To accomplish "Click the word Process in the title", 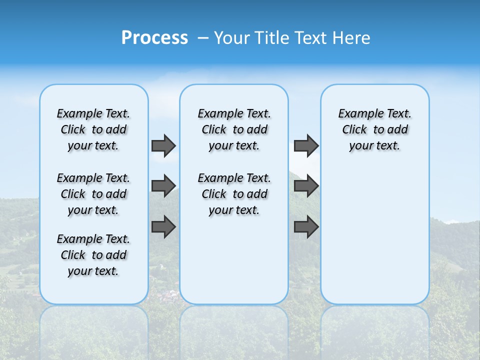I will click(154, 38).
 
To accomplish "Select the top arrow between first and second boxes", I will click(163, 145).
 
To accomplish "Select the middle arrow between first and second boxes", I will click(163, 186).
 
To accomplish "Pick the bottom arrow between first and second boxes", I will click(163, 227).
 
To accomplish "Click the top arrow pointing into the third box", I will click(306, 145).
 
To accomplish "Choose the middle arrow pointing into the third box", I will click(306, 186).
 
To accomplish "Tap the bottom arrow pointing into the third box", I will click(306, 227).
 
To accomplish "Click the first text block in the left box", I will click(93, 129).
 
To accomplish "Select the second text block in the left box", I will click(93, 194).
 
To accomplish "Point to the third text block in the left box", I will click(93, 255).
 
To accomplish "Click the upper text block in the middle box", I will click(234, 129).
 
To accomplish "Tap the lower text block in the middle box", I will click(234, 194).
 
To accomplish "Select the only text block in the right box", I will click(375, 129).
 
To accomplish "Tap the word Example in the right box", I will click(357, 114).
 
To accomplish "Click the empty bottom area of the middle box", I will click(234, 265).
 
